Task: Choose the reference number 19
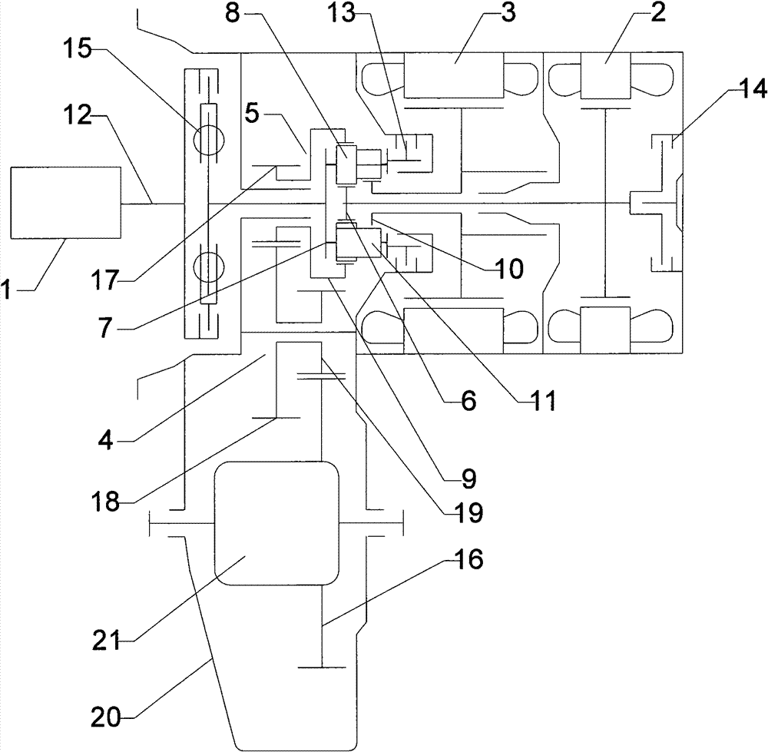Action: click(x=467, y=512)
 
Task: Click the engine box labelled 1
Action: click(x=66, y=203)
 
